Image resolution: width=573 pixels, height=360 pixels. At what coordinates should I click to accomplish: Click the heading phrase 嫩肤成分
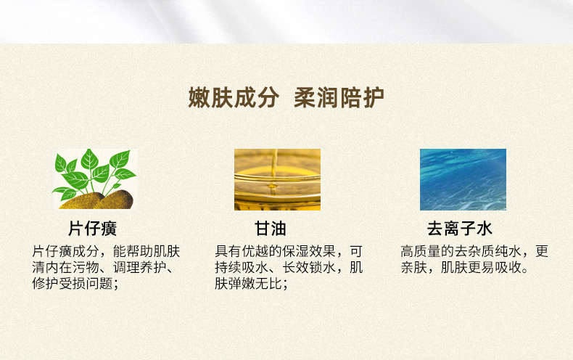pos(234,98)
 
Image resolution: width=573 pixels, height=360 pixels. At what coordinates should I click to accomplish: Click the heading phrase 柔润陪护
pos(339,98)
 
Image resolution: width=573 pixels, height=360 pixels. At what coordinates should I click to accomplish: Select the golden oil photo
pos(277,179)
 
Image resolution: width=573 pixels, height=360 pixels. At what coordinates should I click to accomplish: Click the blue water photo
pos(463,179)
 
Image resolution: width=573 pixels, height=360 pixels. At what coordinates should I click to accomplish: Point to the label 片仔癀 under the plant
pos(92,229)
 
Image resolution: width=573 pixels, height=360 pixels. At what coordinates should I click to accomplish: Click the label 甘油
pos(271,229)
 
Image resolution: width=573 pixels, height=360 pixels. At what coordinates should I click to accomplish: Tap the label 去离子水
pos(460,229)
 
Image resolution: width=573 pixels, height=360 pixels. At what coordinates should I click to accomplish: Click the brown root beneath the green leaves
pos(97,200)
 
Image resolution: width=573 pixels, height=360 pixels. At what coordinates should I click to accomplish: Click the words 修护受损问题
pos(73,284)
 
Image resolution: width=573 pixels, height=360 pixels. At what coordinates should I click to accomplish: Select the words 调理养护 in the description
pos(140,267)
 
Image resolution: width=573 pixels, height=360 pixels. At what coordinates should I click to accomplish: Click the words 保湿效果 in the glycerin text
pos(309,251)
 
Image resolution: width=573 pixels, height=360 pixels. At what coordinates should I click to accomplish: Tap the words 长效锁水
pos(309,267)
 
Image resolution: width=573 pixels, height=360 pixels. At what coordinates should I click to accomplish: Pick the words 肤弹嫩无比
pos(248,284)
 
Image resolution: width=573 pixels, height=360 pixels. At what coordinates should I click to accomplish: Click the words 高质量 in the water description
pos(421,251)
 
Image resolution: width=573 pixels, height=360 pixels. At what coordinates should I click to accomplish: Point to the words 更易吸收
pos(495,267)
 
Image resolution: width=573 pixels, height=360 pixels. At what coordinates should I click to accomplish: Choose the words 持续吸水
pos(242,267)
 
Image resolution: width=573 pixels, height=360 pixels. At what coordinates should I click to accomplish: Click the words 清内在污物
pos(66,267)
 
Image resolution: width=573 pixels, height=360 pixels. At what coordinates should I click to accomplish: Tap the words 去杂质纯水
pos(488,251)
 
